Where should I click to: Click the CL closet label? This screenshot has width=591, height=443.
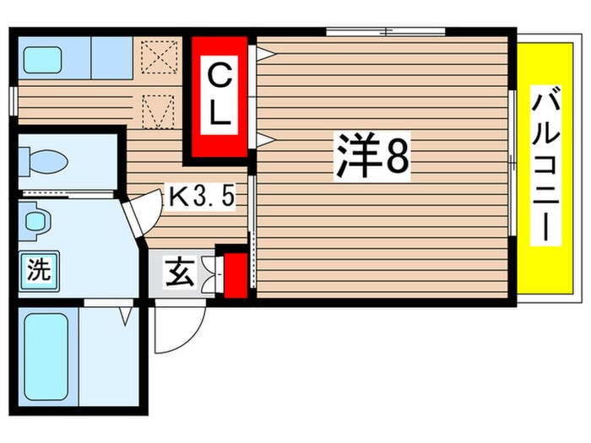pos(219,95)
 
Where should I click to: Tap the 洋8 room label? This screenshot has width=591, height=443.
pos(371,156)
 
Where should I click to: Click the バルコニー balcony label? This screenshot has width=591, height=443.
pos(545,165)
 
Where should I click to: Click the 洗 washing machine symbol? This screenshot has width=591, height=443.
pos(39,271)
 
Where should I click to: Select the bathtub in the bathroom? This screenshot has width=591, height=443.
pos(46,358)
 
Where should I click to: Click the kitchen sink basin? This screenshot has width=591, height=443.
pos(42,60)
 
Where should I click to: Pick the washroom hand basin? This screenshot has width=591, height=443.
pos(35,221)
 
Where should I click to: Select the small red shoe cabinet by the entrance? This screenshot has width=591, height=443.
pos(236,276)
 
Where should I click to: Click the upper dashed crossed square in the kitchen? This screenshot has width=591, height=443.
pos(160,57)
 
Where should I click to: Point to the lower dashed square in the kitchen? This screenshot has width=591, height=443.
pos(159,112)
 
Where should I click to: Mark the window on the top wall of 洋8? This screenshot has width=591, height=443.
pos(385,32)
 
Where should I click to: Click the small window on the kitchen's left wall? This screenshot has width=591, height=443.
pos(14,101)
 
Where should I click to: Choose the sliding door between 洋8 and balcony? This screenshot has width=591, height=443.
pos(512,163)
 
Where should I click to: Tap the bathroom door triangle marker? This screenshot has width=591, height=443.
pos(127,316)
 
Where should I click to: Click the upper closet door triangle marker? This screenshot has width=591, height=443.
pos(266,53)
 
